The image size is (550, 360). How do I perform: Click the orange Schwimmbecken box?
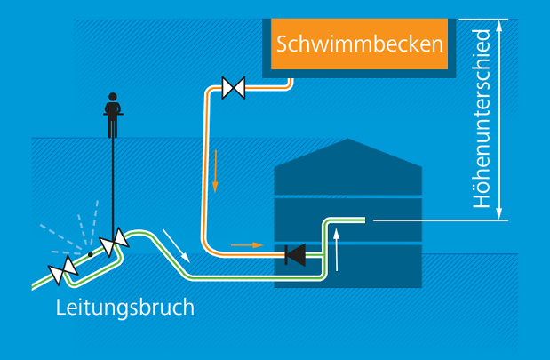coord(359,43)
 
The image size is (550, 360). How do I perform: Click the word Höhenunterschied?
coord(482,119)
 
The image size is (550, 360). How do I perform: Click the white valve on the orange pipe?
coord(234,87)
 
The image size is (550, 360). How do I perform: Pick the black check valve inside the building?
coord(294,255)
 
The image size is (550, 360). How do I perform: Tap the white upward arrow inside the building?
coord(337,249)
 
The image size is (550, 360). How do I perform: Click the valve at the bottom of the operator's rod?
coord(114,243)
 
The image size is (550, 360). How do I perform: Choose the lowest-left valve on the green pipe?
coord(62,272)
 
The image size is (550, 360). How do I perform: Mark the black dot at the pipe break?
coord(90,256)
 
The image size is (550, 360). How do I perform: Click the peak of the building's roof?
coord(347,140)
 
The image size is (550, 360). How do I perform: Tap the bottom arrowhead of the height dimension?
coord(499,213)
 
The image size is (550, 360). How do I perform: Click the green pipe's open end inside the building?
coord(363,220)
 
